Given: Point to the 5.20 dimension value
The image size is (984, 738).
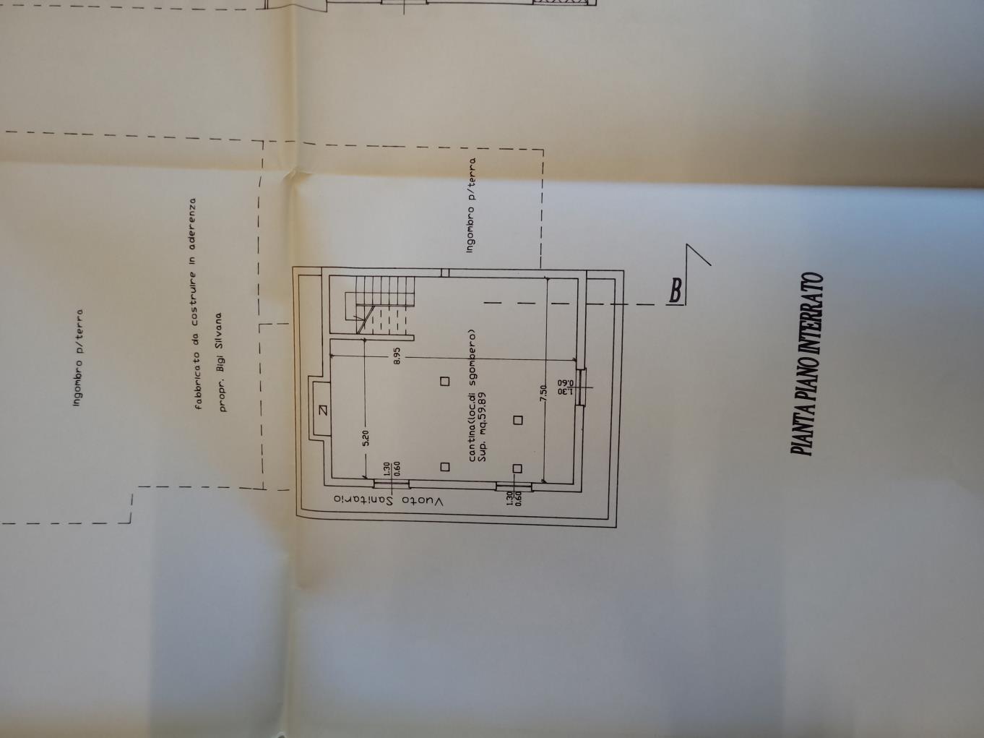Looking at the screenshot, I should tap(366, 437).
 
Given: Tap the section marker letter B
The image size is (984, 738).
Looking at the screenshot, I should tap(675, 291).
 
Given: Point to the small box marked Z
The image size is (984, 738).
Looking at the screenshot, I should tap(321, 411).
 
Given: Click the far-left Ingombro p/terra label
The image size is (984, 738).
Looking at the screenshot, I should tap(79, 357).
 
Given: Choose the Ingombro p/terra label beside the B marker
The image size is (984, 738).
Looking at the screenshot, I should tap(472, 205).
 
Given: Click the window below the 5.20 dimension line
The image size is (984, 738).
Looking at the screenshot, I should tap(392, 482).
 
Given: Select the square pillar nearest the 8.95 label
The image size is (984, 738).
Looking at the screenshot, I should tap(445, 382).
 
